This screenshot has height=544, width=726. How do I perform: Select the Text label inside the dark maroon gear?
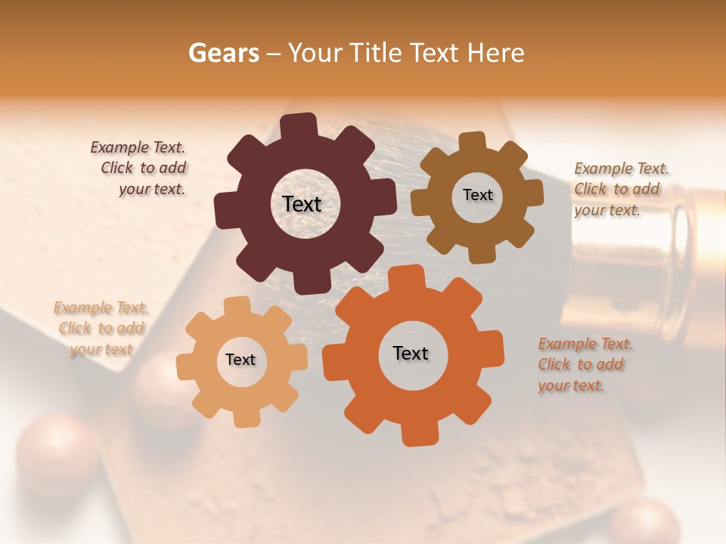click(302, 204)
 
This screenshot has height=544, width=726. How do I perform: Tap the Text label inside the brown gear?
click(477, 195)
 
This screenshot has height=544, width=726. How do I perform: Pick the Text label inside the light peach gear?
click(240, 360)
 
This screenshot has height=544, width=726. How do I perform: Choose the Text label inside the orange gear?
click(411, 353)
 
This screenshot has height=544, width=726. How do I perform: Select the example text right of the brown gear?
click(620, 189)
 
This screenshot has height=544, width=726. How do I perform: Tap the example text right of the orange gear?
click(585, 364)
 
